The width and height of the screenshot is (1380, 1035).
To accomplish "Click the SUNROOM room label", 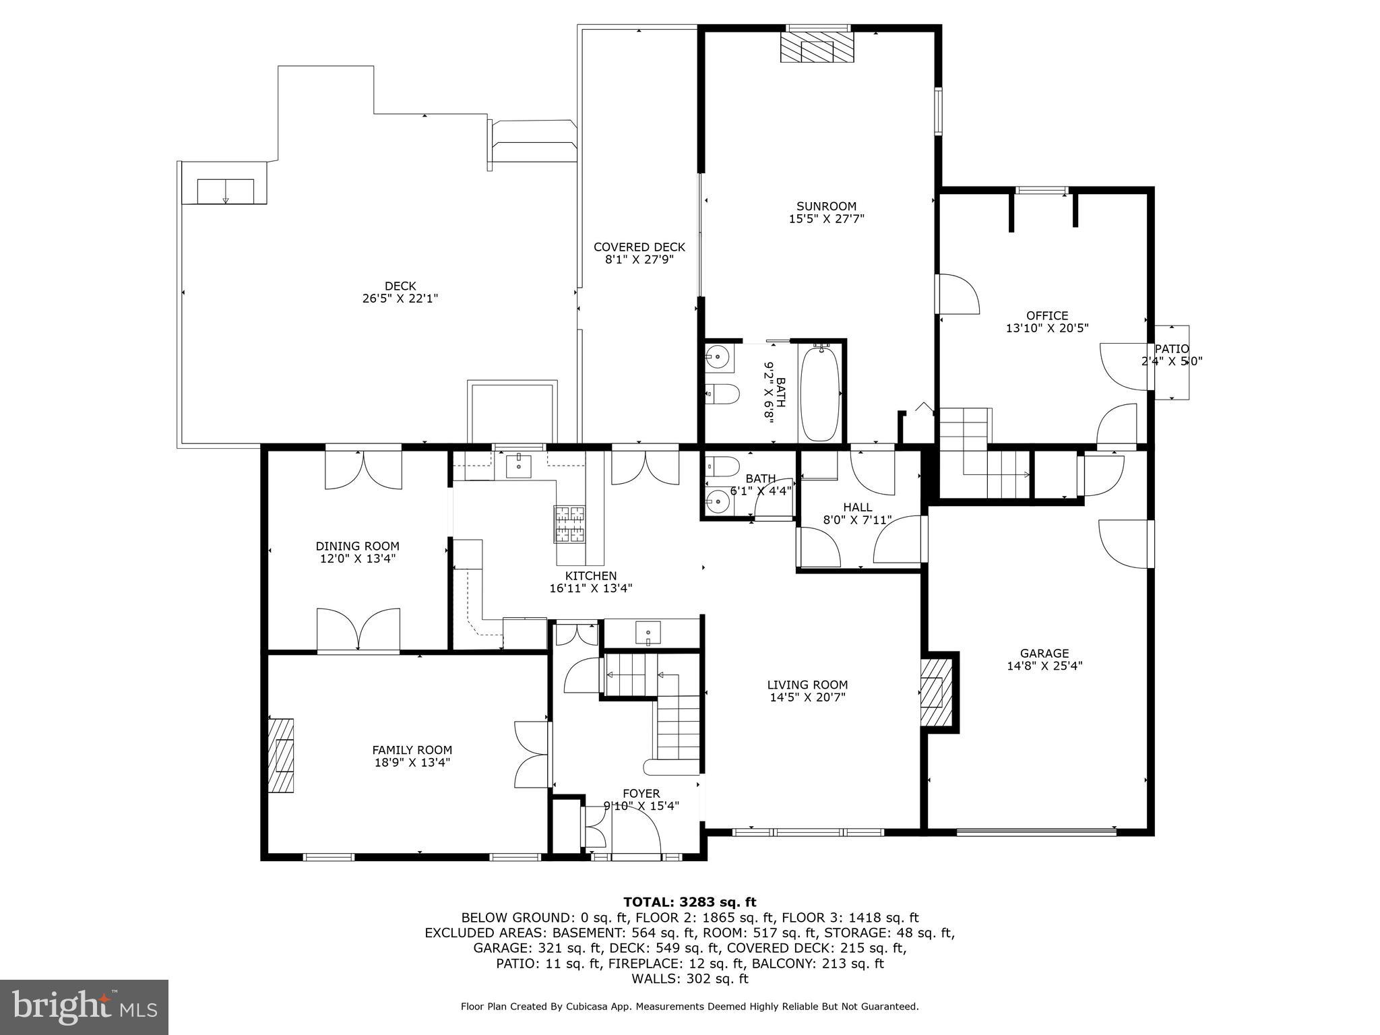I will [x=826, y=206].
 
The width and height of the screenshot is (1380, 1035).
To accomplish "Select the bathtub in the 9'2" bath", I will [x=820, y=394].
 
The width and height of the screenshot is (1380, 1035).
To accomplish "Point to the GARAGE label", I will [x=1044, y=653].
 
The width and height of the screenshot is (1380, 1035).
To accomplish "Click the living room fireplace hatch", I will [x=937, y=692].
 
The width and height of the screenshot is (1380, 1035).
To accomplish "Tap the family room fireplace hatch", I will [x=282, y=755].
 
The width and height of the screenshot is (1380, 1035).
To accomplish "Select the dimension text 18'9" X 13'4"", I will [x=412, y=763].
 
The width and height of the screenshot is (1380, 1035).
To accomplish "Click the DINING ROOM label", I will [x=357, y=546].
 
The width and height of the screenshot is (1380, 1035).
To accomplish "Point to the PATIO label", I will [x=1172, y=349].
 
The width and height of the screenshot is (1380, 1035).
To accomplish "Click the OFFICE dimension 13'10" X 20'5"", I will [x=1046, y=328].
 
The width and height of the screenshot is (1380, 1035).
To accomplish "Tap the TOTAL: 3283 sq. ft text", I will [x=689, y=902].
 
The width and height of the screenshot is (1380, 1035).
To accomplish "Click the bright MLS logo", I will [x=84, y=1007].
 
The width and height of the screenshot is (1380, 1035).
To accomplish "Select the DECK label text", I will [x=400, y=286].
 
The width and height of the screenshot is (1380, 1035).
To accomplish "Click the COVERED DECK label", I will [x=639, y=247].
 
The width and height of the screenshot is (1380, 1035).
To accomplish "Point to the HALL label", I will [x=857, y=507].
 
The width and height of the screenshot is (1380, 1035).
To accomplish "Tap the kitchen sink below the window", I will [x=518, y=466].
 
